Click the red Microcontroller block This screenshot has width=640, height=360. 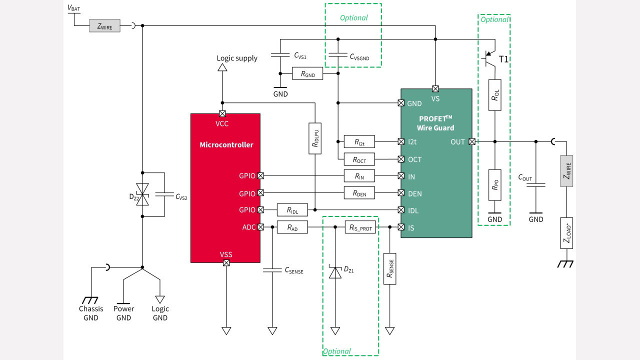pos(225,187)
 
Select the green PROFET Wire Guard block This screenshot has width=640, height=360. pos(436,162)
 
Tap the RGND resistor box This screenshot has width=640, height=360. pos(307,74)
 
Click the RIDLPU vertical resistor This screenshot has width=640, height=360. pos(315,138)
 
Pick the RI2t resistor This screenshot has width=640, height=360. pos(359,142)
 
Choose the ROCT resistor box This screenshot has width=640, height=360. pos(359,159)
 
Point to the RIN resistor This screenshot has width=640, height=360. pos(359,176)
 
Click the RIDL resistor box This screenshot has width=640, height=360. pos(292,210)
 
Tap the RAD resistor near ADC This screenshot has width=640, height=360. pos(292,227)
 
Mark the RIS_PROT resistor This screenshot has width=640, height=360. pos(360,227)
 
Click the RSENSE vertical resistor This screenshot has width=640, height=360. pos(389,268)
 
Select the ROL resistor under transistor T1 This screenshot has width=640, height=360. pos(494,94)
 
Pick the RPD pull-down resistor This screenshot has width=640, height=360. pos(494,185)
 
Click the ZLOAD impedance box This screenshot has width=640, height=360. pos(566,233)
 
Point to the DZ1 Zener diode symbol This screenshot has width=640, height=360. pos(335,272)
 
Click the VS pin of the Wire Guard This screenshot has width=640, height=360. pos(435,89)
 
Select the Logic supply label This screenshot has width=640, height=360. pos(237,58)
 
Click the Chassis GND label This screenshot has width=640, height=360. pos(91,313)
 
